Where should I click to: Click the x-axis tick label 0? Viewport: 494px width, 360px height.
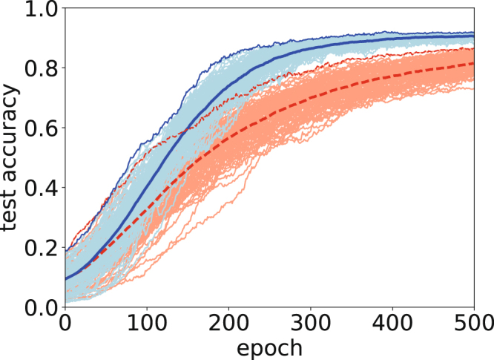click(65, 324)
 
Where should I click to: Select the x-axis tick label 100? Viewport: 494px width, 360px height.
click(147, 324)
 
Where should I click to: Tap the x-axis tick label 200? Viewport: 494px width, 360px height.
click(228, 324)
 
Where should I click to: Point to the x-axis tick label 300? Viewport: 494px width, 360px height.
click(311, 324)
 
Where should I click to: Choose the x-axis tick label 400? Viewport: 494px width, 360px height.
click(392, 324)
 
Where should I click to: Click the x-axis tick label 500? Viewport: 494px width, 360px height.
click(472, 324)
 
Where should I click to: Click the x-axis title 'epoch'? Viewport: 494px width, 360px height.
click(270, 347)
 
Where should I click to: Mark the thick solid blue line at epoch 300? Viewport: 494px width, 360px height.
click(311, 49)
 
